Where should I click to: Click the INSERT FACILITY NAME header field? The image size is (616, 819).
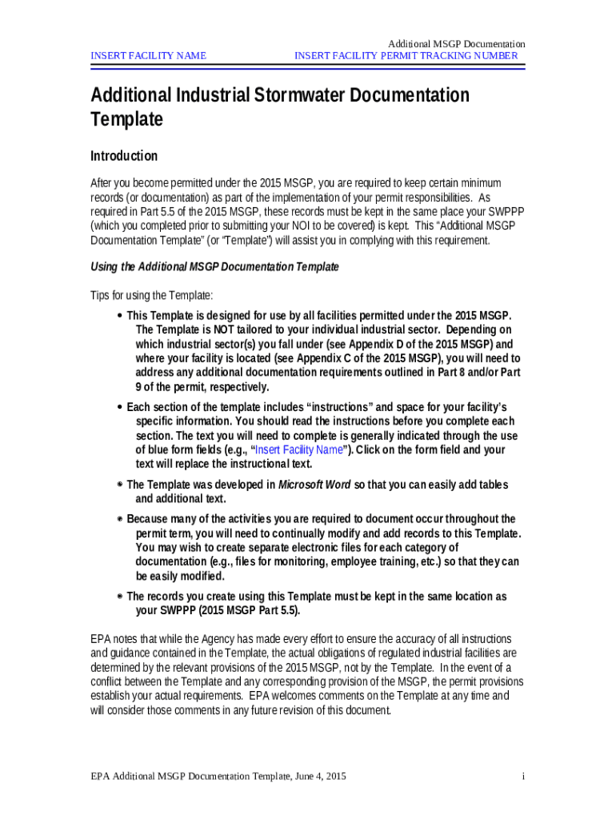point(149,56)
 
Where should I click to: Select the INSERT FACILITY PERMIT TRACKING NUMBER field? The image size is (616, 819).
point(406,56)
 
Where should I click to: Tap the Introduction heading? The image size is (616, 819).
point(124,156)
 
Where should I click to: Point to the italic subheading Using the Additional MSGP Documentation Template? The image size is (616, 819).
point(214,266)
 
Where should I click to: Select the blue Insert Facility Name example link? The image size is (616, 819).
point(299,450)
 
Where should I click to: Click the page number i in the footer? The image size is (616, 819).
point(522,777)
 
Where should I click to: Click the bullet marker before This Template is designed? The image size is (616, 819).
point(120,315)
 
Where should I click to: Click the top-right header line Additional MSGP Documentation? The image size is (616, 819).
point(456,43)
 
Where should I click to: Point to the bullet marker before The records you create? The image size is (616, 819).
point(120,597)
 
